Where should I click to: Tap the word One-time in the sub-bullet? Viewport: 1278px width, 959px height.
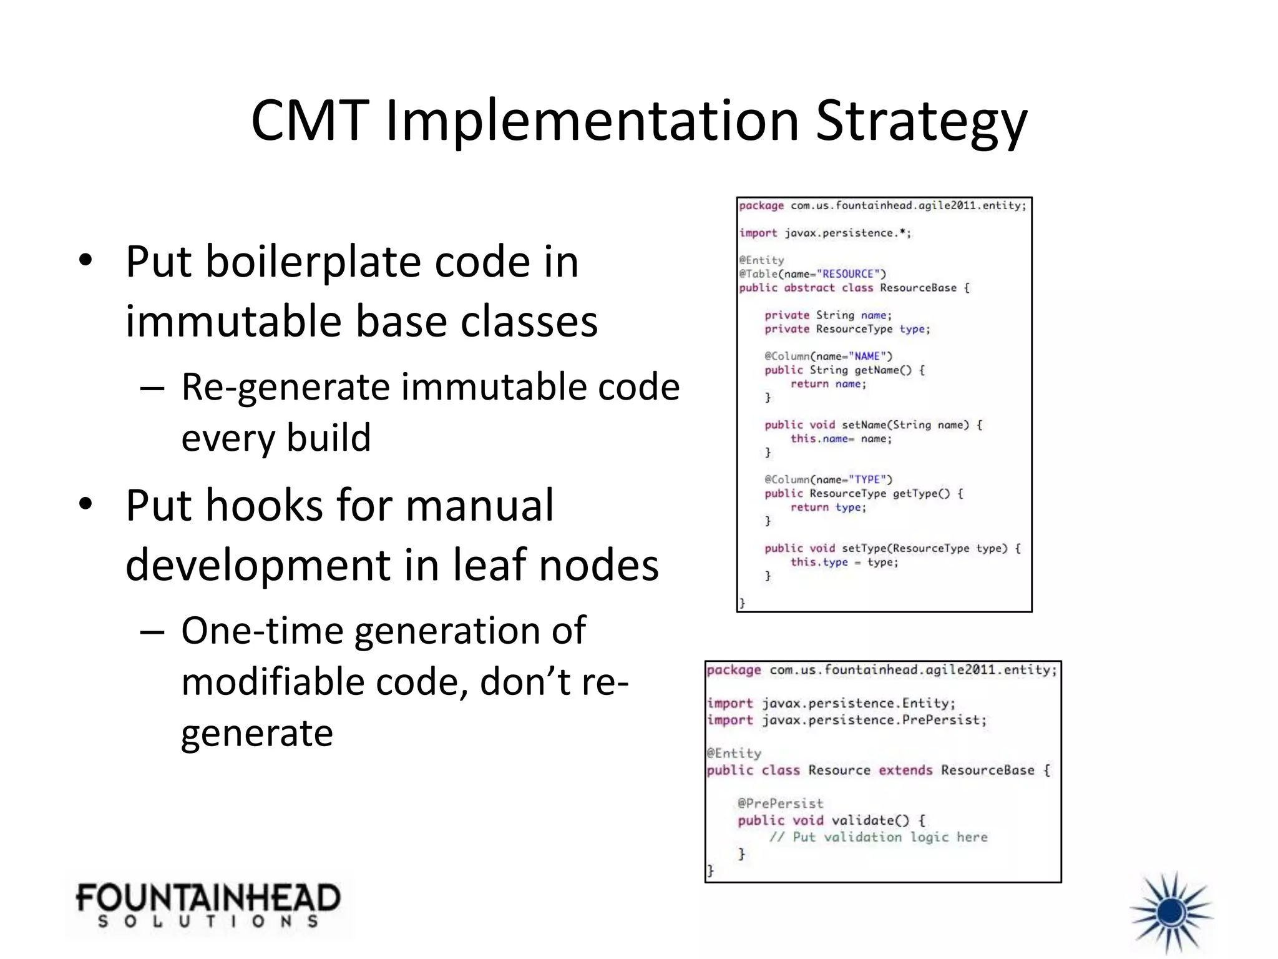point(261,631)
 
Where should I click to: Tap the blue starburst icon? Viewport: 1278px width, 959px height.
point(1171,913)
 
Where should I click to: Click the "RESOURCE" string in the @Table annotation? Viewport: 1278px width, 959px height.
point(848,274)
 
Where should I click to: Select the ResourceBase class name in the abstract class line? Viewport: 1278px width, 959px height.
point(918,288)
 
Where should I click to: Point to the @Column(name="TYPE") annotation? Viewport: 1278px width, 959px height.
point(829,479)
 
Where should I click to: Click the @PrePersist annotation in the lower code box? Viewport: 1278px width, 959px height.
point(780,804)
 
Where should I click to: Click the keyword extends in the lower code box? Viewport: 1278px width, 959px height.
point(905,770)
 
